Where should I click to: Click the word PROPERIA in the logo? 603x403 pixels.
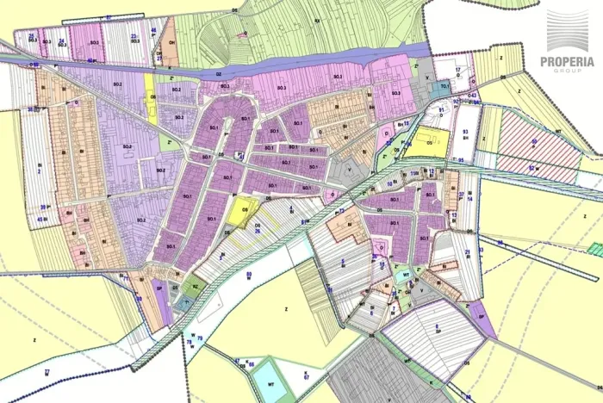point(567,61)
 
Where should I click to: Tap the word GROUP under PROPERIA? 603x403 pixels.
point(567,72)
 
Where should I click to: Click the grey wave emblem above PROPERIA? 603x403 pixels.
point(567,31)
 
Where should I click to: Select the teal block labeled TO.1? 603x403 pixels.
point(444,87)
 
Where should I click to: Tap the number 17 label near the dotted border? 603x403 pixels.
point(458,69)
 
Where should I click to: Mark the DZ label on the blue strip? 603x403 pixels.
point(219,75)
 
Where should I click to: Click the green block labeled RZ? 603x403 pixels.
point(196,286)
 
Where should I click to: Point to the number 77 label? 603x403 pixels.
point(47,370)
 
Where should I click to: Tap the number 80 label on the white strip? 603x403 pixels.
point(248,274)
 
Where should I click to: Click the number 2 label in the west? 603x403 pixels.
point(39,170)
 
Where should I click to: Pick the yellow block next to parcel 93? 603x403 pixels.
point(424,143)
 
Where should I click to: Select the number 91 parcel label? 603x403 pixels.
point(441,110)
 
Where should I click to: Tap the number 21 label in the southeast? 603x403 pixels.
point(467,252)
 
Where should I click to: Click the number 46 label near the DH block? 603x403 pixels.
point(153,31)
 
